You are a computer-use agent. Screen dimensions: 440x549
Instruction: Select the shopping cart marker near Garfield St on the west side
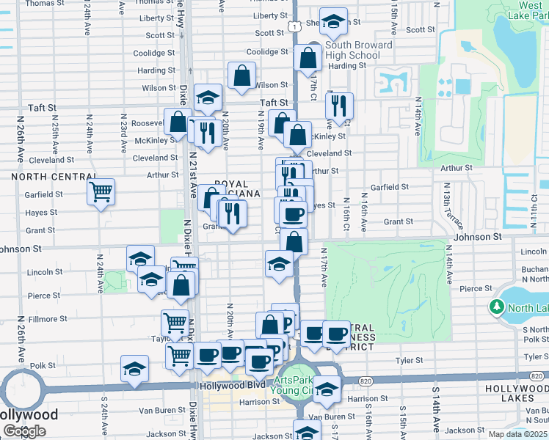coord(101,192)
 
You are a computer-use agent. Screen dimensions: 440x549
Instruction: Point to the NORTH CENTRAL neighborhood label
coord(54,177)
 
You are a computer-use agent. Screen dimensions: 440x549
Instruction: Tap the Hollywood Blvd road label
coord(230,385)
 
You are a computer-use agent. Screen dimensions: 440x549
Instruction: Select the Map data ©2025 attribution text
coord(518,434)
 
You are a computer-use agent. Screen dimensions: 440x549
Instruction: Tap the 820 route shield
coord(367,381)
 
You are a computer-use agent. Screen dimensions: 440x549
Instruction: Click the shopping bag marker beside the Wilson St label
coord(241,75)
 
